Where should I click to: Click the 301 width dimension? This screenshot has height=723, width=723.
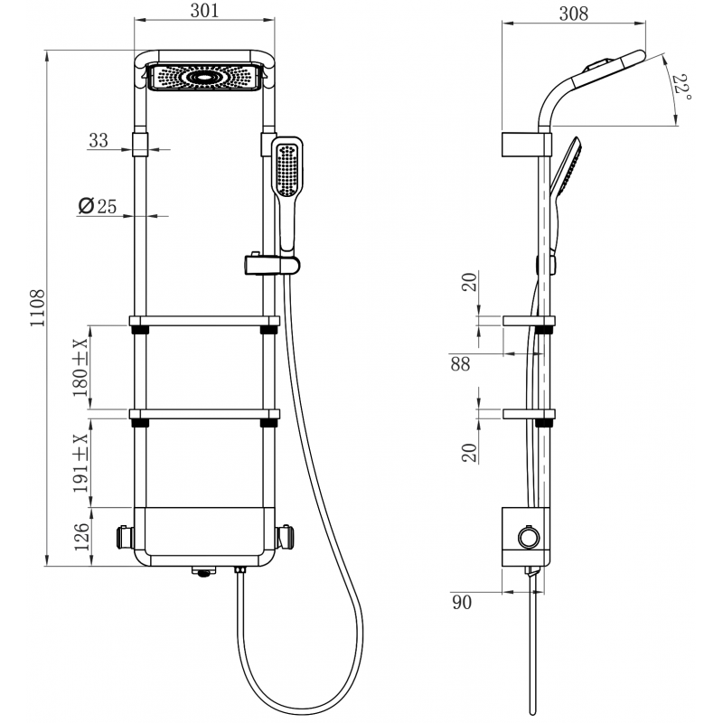tap(205, 11)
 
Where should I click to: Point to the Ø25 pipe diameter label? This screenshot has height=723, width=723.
tap(98, 206)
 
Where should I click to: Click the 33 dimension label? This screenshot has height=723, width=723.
tap(99, 140)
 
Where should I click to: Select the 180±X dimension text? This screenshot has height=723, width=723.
tap(80, 368)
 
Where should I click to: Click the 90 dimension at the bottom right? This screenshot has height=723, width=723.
tap(462, 603)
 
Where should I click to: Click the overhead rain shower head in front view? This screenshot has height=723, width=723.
tap(204, 78)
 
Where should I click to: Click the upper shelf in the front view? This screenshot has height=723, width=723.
tap(204, 320)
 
